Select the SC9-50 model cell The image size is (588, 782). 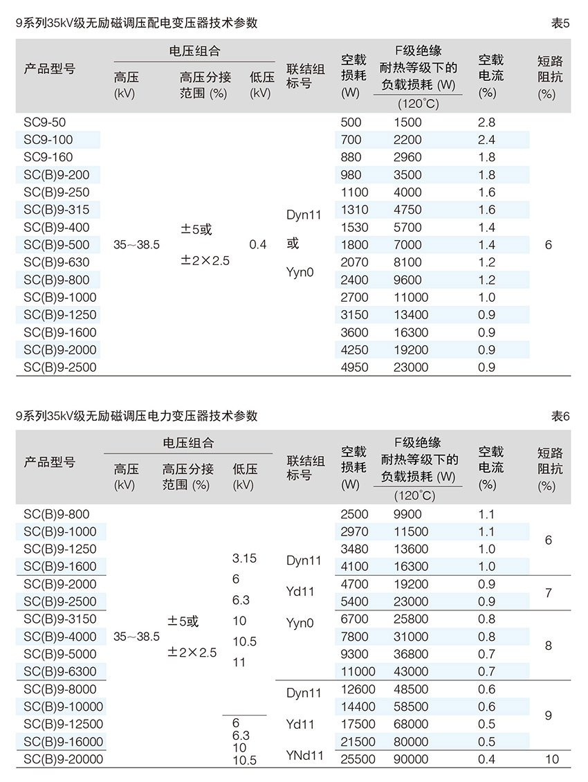pyautogui.click(x=45, y=122)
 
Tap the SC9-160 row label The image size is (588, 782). pyautogui.click(x=48, y=157)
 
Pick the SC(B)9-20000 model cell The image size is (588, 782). pyautogui.click(x=63, y=759)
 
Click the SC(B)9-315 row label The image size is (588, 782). pyautogui.click(x=57, y=210)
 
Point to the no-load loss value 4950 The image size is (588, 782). pyautogui.click(x=355, y=367)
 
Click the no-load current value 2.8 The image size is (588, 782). pyautogui.click(x=487, y=122)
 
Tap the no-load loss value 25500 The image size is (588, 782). pyautogui.click(x=358, y=759)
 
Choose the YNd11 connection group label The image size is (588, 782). pyautogui.click(x=304, y=755)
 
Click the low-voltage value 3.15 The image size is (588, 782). pyautogui.click(x=245, y=558)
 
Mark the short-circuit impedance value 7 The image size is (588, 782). pyautogui.click(x=549, y=593)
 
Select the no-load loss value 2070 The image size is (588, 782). pyautogui.click(x=355, y=262)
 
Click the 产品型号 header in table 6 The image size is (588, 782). pyautogui.click(x=50, y=462)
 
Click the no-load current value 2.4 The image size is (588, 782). pyautogui.click(x=487, y=140)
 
